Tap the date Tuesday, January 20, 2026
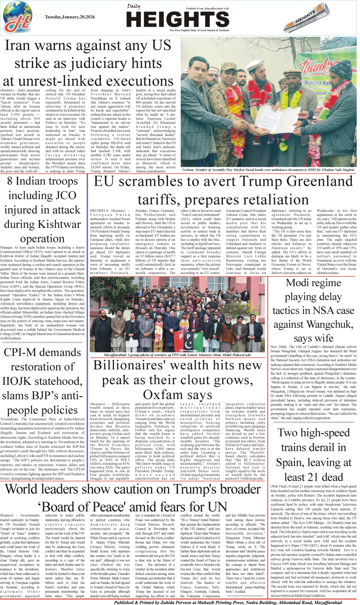point(70,17)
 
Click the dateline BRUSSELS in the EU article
point(99,211)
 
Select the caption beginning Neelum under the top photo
point(268,170)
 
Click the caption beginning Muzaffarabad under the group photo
point(177,355)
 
